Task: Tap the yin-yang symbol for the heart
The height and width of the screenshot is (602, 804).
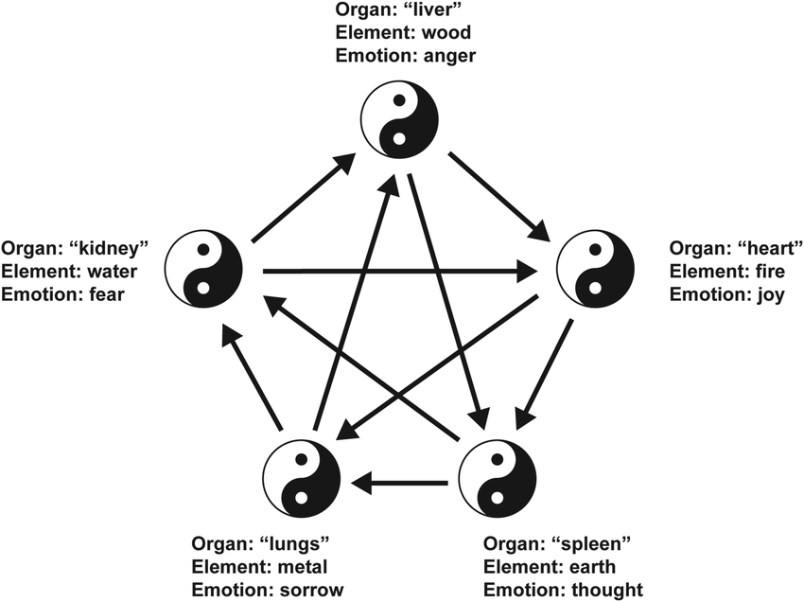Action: click(596, 272)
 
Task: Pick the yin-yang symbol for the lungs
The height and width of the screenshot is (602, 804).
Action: click(301, 480)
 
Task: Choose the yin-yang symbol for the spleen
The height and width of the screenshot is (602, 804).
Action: click(497, 480)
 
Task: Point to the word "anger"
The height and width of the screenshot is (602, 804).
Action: click(450, 55)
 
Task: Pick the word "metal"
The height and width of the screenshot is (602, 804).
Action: click(304, 567)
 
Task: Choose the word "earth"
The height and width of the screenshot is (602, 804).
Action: click(594, 567)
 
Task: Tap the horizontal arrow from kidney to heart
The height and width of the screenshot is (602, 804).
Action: click(397, 273)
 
